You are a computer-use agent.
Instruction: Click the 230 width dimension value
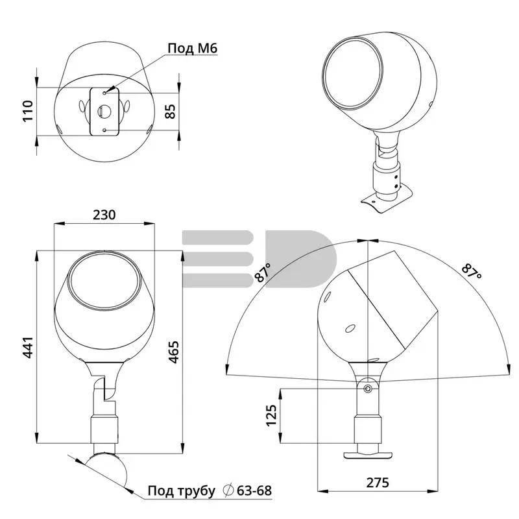pos(104,215)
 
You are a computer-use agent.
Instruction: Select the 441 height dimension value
pos(29,348)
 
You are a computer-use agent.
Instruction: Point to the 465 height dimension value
pos(173,352)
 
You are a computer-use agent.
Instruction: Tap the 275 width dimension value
pos(378,483)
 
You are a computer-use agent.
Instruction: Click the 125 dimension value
pos(271,415)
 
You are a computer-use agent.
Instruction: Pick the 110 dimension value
pos(28,111)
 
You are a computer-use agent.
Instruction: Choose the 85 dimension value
pos(170,111)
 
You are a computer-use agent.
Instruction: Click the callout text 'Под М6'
pos(192,48)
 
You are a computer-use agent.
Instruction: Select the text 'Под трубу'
pos(182,491)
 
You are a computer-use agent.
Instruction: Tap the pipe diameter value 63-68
pos(254,490)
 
